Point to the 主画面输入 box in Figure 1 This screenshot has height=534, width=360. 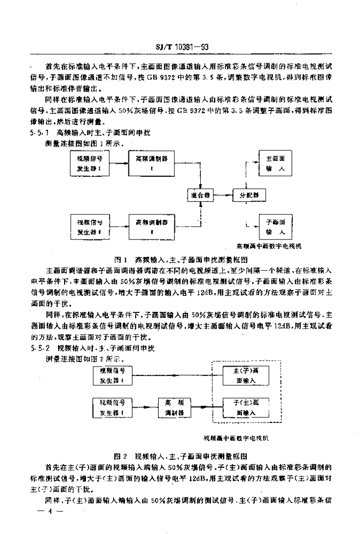click(x=274, y=164)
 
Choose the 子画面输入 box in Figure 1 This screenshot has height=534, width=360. click(x=274, y=226)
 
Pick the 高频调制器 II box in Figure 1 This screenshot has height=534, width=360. click(x=151, y=226)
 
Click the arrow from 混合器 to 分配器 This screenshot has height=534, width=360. click(x=225, y=196)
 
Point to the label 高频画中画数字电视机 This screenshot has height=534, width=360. click(x=268, y=245)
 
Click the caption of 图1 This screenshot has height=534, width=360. click(x=180, y=259)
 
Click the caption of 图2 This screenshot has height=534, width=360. click(x=180, y=455)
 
